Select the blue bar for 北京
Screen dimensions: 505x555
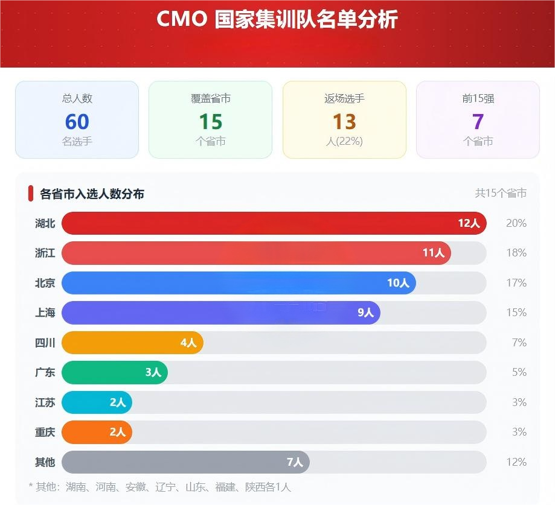239,283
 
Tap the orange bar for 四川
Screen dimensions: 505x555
132,343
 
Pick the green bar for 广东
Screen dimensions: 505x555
115,372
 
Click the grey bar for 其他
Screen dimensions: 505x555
185,462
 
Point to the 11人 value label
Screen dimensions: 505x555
433,253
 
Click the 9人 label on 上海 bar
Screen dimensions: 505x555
365,313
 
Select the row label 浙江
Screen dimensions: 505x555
45,253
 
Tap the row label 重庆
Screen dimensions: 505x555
45,432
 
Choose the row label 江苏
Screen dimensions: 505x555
45,402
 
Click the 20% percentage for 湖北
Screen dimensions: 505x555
516,223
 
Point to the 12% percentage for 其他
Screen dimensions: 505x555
516,462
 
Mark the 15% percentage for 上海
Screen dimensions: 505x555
516,313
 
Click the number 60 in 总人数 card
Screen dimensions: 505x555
77,122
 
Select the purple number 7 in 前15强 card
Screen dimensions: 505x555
478,122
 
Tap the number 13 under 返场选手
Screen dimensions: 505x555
344,122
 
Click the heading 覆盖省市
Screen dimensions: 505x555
210,99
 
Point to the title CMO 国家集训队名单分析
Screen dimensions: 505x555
277,19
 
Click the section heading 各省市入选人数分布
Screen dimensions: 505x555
92,194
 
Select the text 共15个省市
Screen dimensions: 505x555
501,193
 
